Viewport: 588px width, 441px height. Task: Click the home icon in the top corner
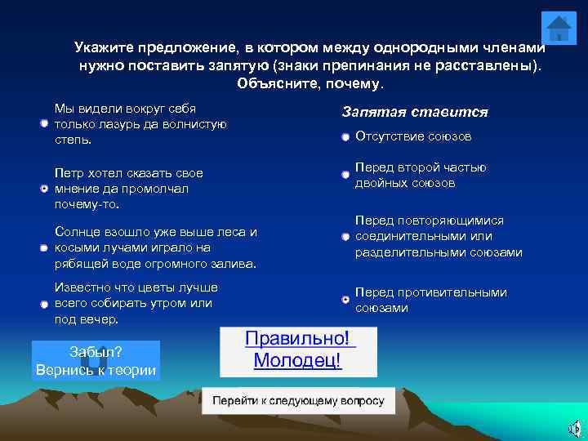click(559, 29)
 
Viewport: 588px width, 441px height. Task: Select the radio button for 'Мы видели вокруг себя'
click(44, 123)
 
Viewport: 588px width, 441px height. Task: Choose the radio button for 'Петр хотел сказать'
click(44, 189)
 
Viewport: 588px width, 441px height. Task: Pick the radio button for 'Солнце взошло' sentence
click(44, 247)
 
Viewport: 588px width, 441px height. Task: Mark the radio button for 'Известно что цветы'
click(44, 304)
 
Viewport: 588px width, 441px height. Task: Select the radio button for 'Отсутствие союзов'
click(346, 137)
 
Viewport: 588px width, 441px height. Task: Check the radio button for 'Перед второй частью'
click(346, 175)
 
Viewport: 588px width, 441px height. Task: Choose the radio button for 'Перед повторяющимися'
click(346, 237)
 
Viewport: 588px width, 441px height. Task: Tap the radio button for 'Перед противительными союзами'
click(346, 300)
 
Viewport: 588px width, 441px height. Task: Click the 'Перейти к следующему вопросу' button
click(298, 401)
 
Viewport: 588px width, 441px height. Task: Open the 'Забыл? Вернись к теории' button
click(96, 360)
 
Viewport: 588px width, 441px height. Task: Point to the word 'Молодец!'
click(297, 361)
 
